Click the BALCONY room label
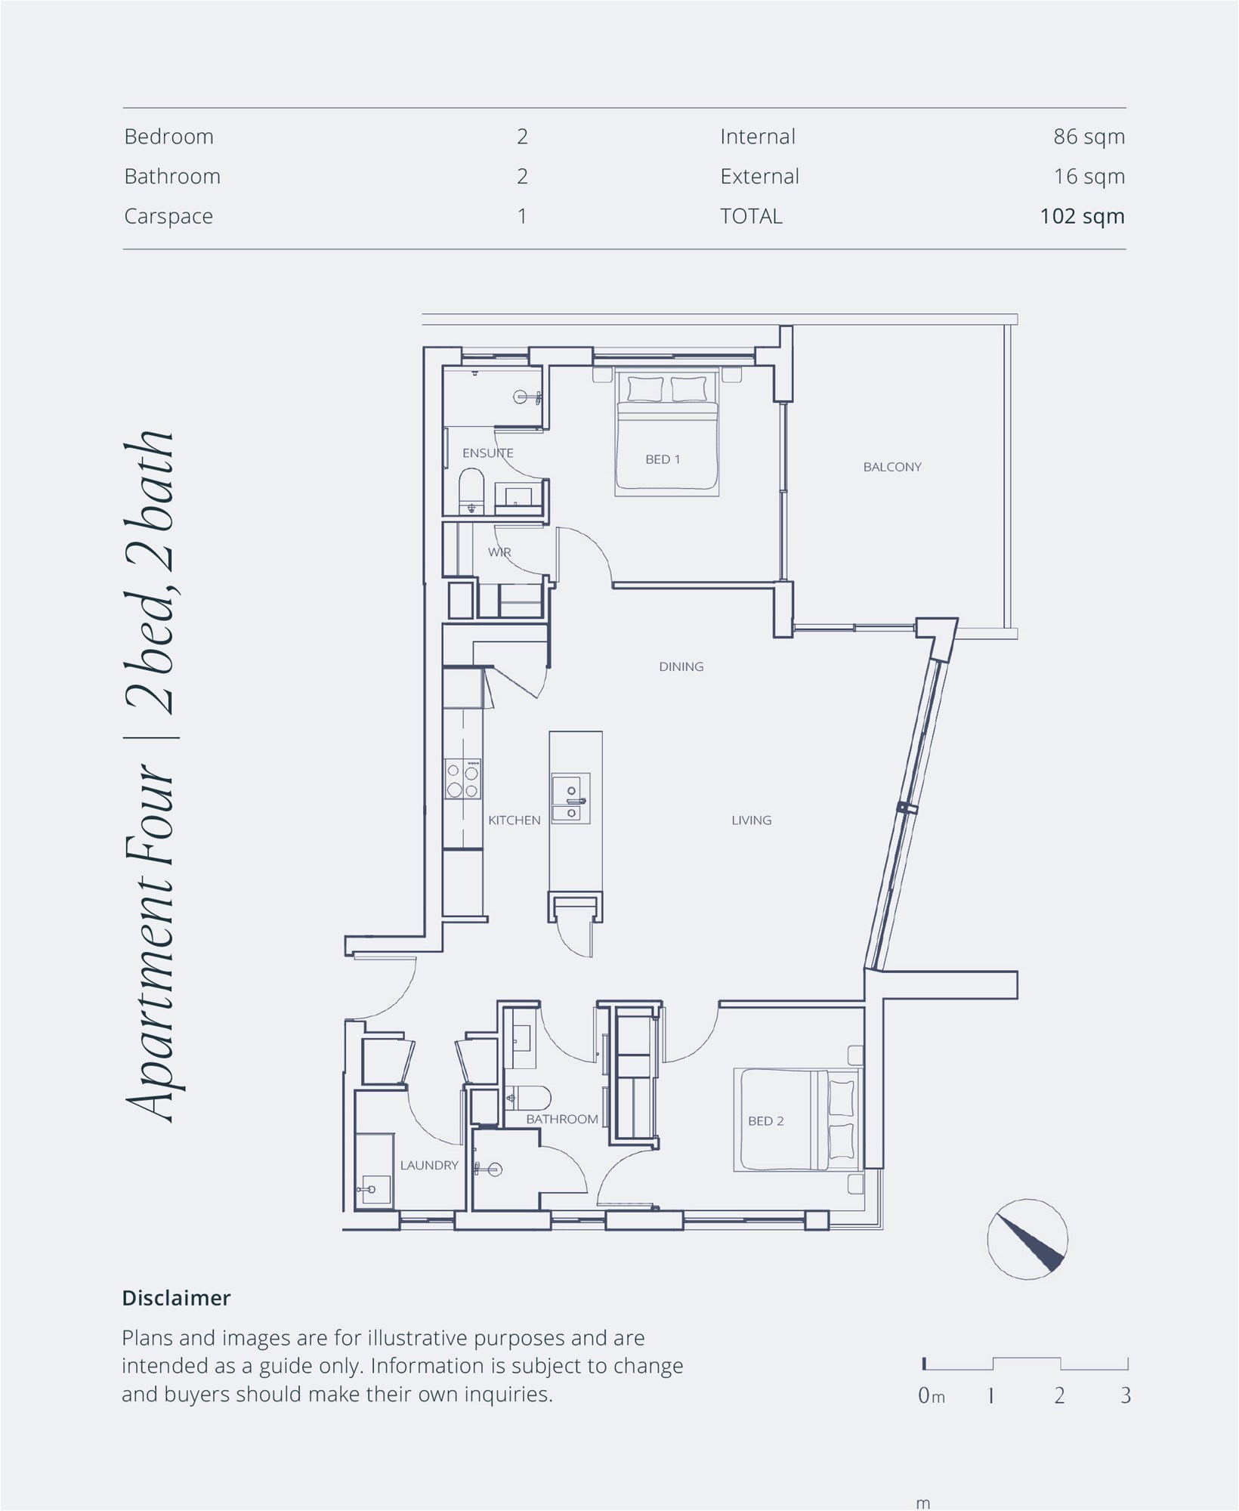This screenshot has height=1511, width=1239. tap(892, 467)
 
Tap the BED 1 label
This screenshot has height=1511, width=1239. tap(663, 459)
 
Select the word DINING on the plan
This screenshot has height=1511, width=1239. tap(681, 666)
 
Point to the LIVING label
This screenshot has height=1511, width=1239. tap(751, 820)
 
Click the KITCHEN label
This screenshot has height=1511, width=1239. tap(514, 820)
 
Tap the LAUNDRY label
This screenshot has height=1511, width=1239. tap(429, 1165)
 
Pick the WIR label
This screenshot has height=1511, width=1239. tap(499, 552)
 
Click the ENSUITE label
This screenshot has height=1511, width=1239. tap(487, 453)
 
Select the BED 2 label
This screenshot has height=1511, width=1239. tap(765, 1121)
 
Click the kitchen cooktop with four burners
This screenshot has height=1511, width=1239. tap(463, 779)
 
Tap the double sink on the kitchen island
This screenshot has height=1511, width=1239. tap(570, 798)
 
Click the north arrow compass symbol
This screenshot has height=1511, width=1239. tap(1027, 1239)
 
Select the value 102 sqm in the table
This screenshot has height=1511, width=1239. tap(1082, 216)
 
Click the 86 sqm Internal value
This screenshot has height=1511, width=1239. tap(1089, 137)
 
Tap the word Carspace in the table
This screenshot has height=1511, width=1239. tap(168, 217)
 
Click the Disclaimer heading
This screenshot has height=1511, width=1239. tap(176, 1298)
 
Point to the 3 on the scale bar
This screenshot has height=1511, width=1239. tap(1126, 1395)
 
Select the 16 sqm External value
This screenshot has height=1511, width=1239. tap(1089, 177)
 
